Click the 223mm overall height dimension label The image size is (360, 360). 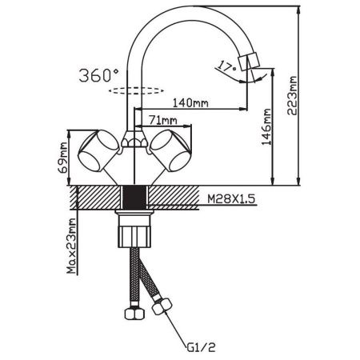pyautogui.click(x=292, y=95)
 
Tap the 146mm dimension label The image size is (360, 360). pyautogui.click(x=266, y=126)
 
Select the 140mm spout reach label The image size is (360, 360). pyautogui.click(x=190, y=102)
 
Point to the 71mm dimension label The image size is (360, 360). pyautogui.click(x=162, y=120)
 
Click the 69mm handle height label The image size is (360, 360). pyautogui.click(x=63, y=158)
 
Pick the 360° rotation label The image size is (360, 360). pyautogui.click(x=99, y=75)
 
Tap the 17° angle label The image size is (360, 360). pyautogui.click(x=226, y=66)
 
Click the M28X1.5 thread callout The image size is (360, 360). pyautogui.click(x=231, y=198)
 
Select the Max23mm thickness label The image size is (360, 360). pyautogui.click(x=71, y=246)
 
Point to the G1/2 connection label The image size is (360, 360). pyautogui.click(x=201, y=347)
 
